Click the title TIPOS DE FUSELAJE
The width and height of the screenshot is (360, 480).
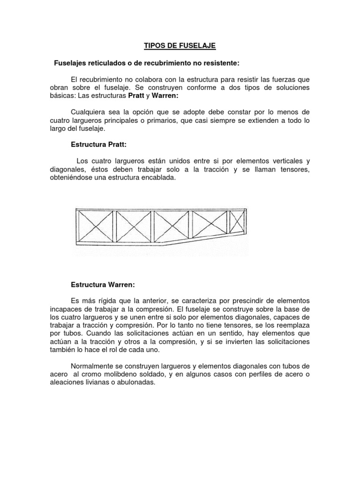coord(180,46)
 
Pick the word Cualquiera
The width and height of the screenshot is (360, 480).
coord(88,112)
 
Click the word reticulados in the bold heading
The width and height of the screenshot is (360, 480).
coord(101,63)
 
